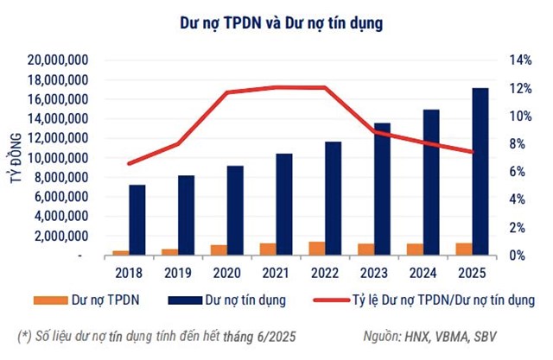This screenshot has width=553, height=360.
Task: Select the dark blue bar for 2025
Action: point(480,172)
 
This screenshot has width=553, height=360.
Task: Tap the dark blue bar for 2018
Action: point(137,220)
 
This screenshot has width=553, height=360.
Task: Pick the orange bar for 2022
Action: point(316,249)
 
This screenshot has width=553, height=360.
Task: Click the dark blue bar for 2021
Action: point(284,205)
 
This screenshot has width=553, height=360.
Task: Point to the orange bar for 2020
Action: point(219,250)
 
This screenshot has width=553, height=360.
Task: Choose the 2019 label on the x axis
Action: point(177,273)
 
